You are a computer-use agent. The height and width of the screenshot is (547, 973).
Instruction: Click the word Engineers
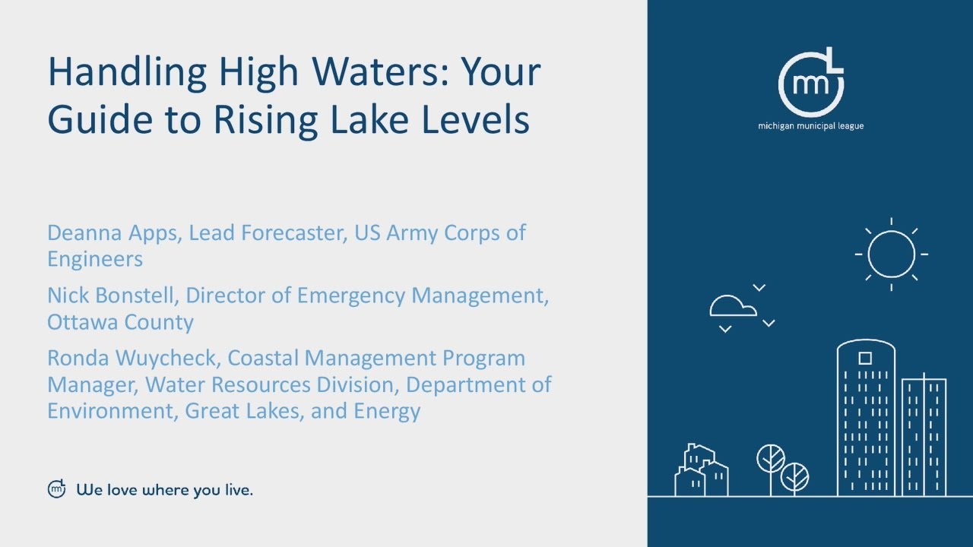pos(94,259)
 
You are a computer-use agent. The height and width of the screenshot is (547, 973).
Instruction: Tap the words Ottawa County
pos(120,322)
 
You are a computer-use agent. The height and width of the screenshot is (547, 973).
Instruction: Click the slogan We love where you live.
pos(164,490)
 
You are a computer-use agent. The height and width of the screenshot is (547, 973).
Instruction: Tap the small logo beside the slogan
pos(57,489)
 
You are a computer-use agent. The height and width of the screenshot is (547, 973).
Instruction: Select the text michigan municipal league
pos(810,126)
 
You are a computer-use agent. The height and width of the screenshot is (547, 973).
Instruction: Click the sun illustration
pos(891,255)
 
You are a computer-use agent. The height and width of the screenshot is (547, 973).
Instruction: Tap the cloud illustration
pos(733,305)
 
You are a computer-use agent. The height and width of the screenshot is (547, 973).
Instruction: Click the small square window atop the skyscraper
pos(865,358)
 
